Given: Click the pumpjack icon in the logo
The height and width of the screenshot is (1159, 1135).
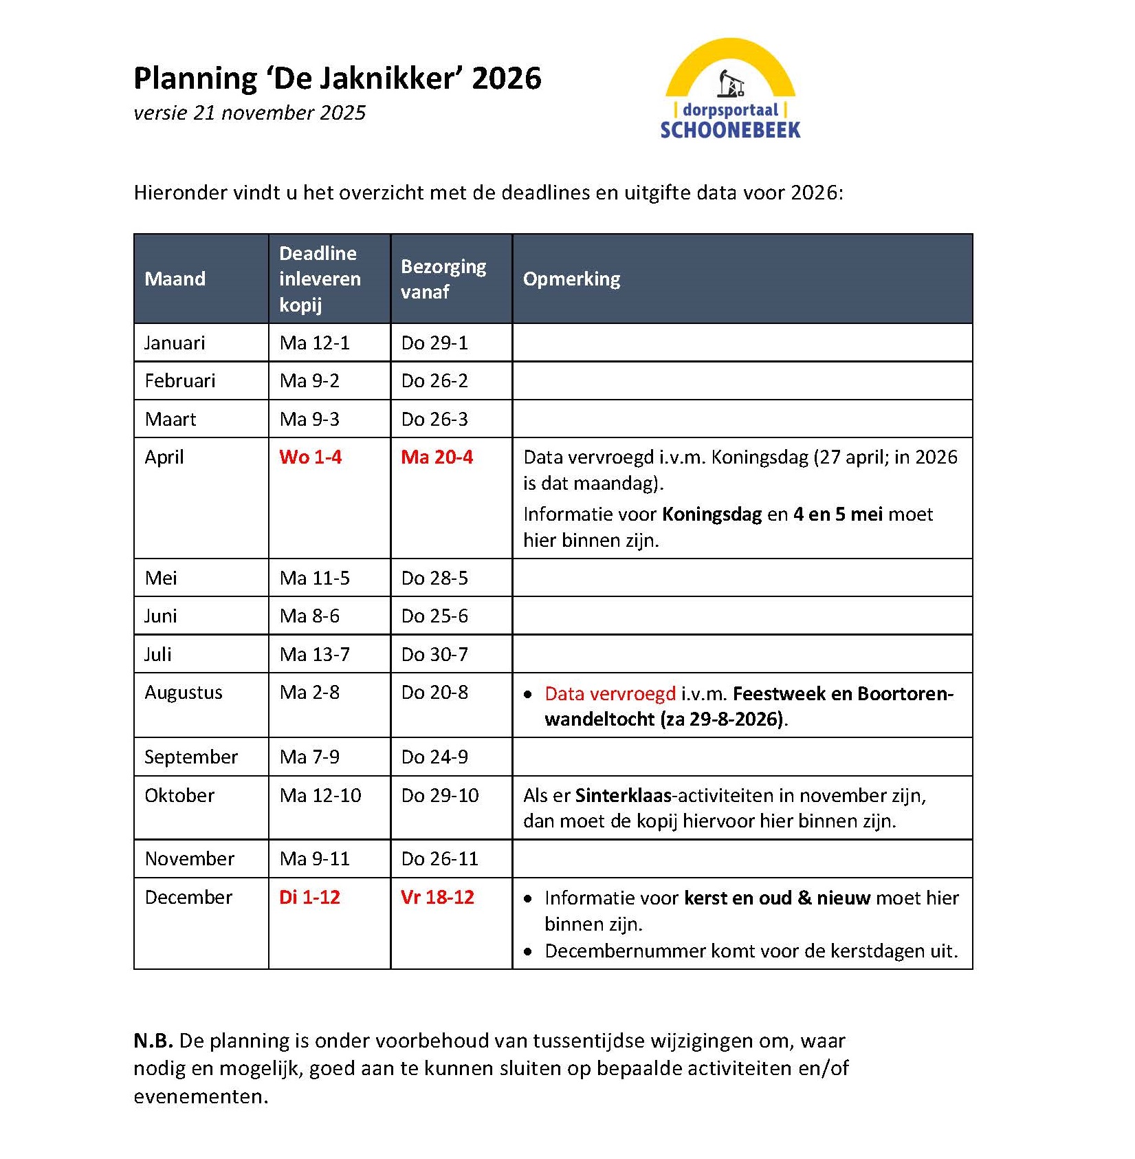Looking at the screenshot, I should (731, 83).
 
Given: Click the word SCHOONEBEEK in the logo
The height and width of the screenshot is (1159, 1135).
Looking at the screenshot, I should (730, 130).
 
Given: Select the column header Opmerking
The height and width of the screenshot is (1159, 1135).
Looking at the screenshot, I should (571, 279).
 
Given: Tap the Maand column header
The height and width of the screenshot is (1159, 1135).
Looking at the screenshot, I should (175, 279).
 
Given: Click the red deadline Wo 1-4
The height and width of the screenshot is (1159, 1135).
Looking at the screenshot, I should (310, 457).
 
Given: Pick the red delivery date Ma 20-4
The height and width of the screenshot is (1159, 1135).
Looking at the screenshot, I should (437, 457).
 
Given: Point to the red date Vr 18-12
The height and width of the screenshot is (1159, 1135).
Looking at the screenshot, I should (437, 897).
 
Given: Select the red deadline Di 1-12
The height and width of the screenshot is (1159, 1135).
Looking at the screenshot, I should (309, 897).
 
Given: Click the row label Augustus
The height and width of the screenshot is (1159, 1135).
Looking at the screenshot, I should (183, 693).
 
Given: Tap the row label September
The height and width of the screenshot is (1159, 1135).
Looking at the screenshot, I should (190, 757).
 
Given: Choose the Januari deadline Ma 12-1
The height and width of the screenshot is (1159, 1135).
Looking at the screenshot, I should (314, 343).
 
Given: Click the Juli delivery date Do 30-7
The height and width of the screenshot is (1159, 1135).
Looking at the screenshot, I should (434, 654).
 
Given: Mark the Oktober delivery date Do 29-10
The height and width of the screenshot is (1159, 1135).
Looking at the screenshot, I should (440, 795).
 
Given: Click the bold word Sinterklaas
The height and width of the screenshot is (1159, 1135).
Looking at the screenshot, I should (623, 795).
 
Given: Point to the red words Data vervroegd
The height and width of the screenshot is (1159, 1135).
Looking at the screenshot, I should (610, 693).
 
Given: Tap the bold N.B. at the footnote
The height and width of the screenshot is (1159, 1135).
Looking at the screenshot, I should (153, 1041).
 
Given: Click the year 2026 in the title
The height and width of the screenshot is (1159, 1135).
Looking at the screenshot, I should (507, 78).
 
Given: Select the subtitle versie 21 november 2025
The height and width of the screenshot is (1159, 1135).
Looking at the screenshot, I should (250, 113).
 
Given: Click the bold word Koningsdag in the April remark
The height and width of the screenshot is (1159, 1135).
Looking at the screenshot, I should (712, 514).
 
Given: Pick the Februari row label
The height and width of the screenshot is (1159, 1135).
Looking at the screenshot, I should (179, 381).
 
